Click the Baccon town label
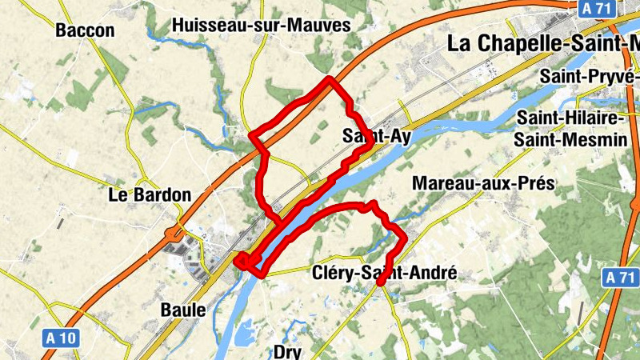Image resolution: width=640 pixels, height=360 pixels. (86, 31)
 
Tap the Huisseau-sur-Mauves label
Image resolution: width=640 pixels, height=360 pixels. (262, 26)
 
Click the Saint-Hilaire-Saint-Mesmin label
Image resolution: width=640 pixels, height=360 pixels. (570, 129)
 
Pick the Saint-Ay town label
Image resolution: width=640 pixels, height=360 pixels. (376, 136)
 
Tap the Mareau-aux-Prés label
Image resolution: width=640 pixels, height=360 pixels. (483, 183)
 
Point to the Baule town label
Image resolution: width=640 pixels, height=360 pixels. (183, 310)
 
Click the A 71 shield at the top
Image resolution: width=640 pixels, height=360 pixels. (595, 7)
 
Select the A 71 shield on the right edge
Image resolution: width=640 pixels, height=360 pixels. (621, 278)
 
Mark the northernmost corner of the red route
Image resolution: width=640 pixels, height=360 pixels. (330, 78)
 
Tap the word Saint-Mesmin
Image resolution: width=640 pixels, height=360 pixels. (570, 139)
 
